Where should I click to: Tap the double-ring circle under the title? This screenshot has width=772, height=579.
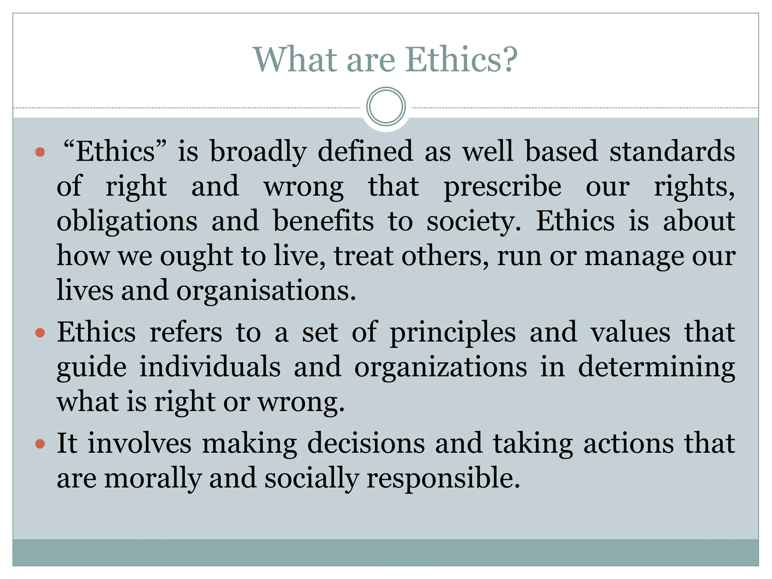[x=386, y=107]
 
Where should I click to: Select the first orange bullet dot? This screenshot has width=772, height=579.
[x=40, y=152]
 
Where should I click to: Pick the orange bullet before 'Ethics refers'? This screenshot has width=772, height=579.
[x=40, y=333]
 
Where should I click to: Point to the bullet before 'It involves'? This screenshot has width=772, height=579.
[x=40, y=444]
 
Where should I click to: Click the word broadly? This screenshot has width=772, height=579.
[x=258, y=152]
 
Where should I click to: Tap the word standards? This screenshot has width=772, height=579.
[x=672, y=152]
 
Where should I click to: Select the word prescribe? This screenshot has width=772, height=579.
[x=502, y=187]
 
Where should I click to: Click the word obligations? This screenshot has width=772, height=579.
[x=127, y=222]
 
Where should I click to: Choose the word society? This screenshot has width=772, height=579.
[x=473, y=222]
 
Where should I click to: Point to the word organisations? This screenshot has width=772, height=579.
[x=266, y=291]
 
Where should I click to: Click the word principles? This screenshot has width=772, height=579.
[x=452, y=332]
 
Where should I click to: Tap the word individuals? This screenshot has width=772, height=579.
[x=210, y=367]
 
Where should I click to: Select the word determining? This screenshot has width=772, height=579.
[x=656, y=367]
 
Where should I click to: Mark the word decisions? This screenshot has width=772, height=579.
[x=366, y=444]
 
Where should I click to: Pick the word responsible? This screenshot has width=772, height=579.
[x=443, y=478]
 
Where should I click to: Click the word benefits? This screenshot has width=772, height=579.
[x=323, y=222]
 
